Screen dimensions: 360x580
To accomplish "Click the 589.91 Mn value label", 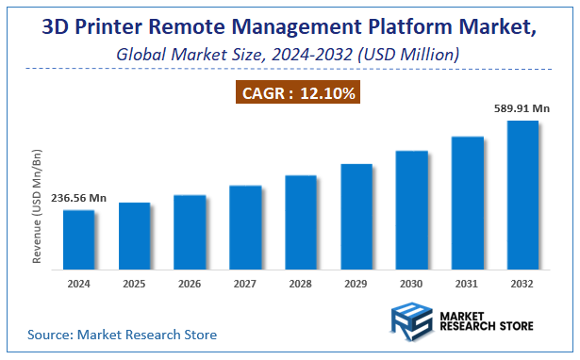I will coord(522,108).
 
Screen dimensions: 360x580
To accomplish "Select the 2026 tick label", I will coord(190,282).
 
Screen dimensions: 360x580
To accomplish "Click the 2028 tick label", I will coord(301,282).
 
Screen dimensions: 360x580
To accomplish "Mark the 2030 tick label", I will coord(411,282).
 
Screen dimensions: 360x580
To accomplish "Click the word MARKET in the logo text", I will coord(467,314).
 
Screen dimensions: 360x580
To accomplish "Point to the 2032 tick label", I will coord(522,282).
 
